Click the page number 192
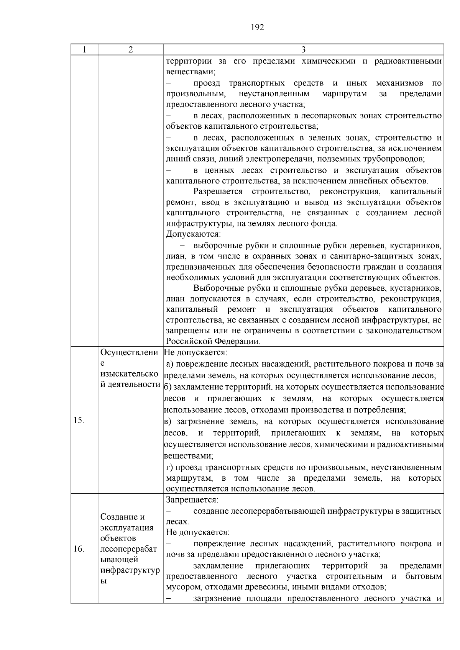click(x=257, y=28)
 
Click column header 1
click(x=84, y=50)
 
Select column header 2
click(x=131, y=50)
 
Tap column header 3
click(x=303, y=50)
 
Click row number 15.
click(x=79, y=420)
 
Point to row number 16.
click(x=79, y=549)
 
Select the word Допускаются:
click(x=193, y=234)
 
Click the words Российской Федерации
click(x=213, y=341)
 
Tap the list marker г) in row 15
click(x=170, y=467)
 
